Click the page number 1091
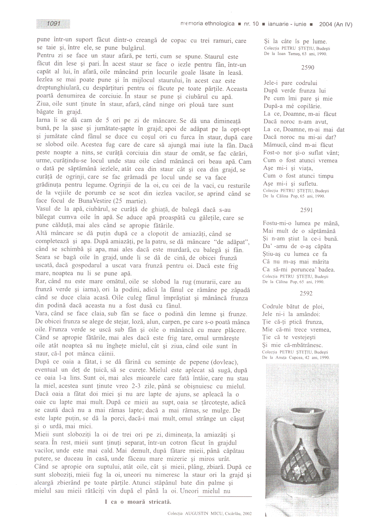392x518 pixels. point(53,24)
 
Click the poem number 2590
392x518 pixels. point(307,67)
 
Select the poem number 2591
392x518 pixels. point(306,210)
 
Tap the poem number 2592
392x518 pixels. point(306,293)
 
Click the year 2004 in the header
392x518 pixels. point(326,24)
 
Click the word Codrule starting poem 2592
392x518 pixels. point(273,307)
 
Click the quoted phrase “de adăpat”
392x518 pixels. point(231,242)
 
